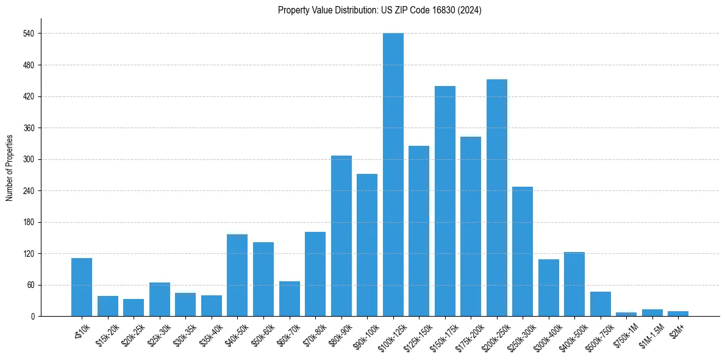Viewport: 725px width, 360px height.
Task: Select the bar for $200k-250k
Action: (x=497, y=198)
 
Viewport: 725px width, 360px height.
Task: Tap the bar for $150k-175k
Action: (x=445, y=201)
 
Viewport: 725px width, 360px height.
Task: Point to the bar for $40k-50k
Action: (x=237, y=275)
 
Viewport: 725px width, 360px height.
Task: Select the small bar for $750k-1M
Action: (x=626, y=314)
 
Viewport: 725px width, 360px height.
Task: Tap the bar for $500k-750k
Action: (x=601, y=304)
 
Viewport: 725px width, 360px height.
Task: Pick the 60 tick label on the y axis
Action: (x=30, y=285)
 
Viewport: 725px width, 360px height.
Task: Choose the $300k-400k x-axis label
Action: (x=545, y=336)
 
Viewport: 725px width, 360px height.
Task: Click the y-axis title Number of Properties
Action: (x=9, y=168)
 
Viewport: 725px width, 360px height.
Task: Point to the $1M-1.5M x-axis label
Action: (x=649, y=335)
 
